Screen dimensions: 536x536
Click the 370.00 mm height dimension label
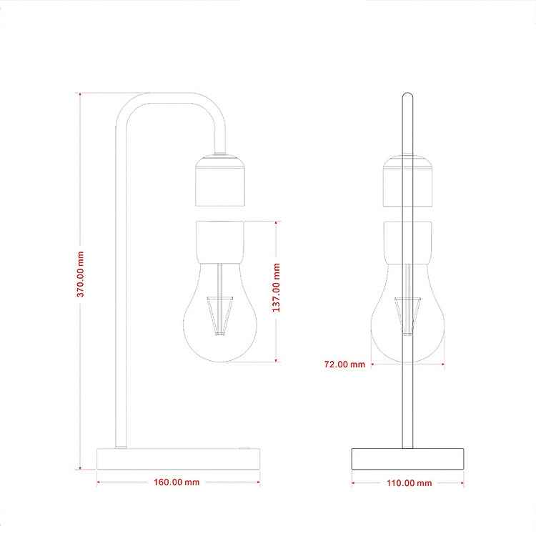pos(80,274)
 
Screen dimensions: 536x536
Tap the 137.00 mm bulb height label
pos(276,287)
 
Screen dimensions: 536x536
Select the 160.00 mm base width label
pos(177,482)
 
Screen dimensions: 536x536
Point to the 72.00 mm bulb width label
pos(344,364)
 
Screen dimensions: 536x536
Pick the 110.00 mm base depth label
pos(410,483)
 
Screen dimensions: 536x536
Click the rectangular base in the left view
pos(179,459)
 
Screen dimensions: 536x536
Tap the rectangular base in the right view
pos(408,459)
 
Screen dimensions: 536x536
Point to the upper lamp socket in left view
pos(220,181)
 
